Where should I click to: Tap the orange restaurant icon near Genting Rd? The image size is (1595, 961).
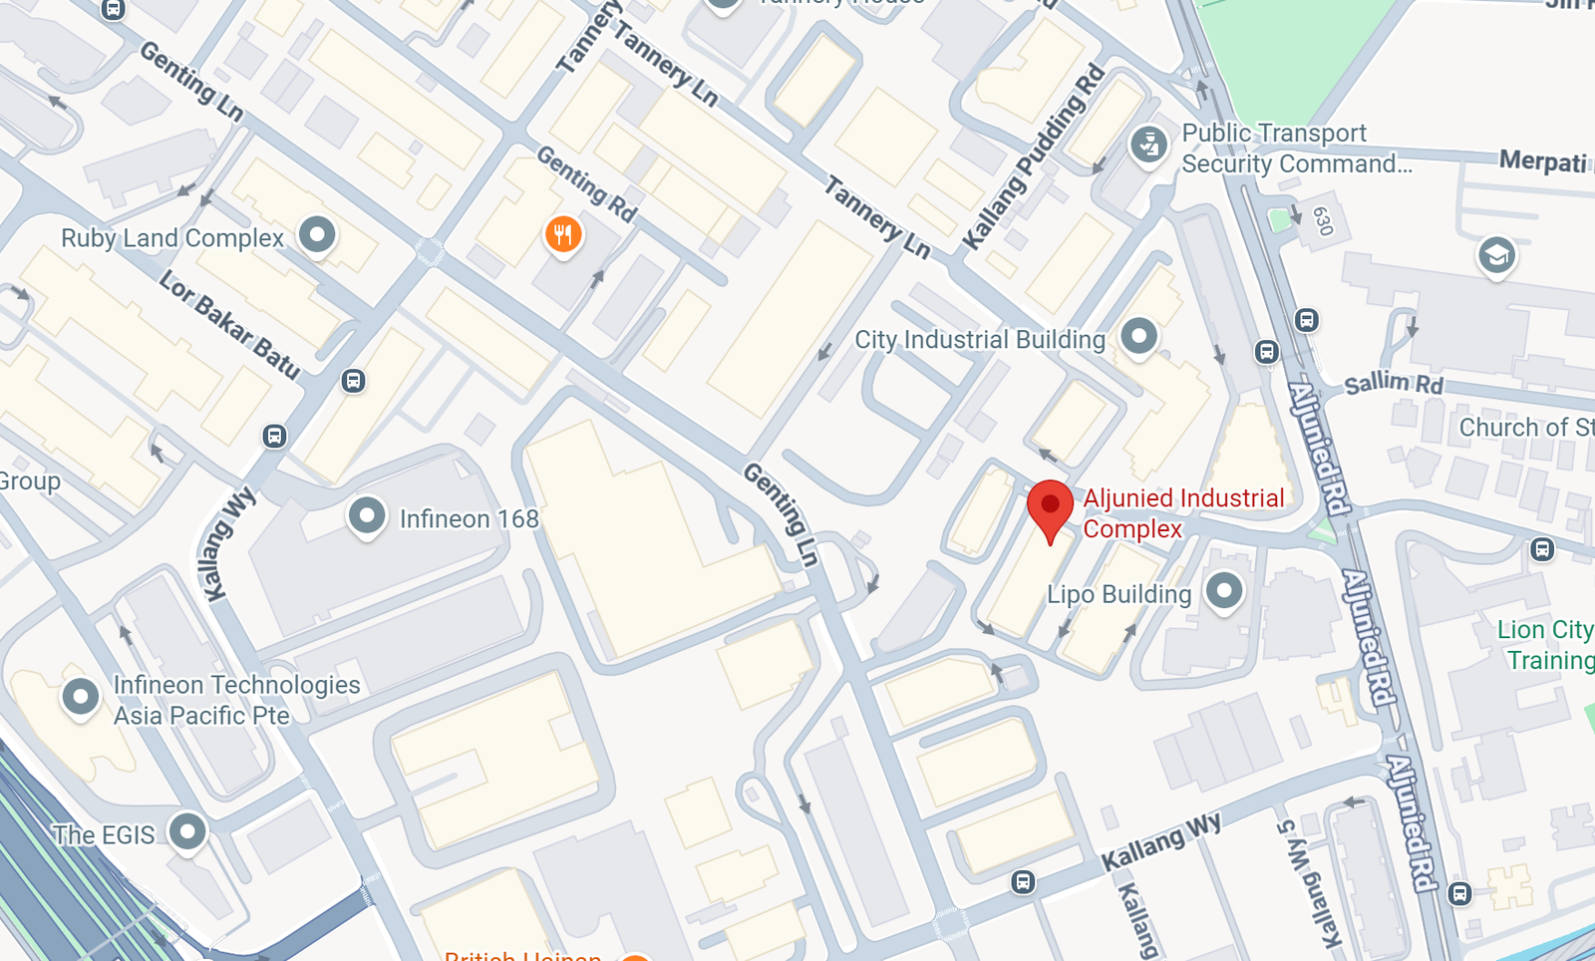tap(563, 235)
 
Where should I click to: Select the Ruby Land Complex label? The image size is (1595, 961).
tap(172, 238)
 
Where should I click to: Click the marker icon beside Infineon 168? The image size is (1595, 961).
tap(367, 515)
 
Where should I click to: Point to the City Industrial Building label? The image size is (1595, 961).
tap(980, 340)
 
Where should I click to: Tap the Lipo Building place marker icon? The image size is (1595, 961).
tap(1224, 590)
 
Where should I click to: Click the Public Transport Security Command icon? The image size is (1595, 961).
tap(1148, 145)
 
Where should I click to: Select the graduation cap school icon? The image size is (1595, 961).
tap(1496, 256)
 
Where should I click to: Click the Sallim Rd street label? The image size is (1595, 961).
tap(1393, 384)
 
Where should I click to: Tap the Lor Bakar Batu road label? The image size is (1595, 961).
tap(229, 325)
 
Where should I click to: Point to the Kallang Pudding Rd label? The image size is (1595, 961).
tap(1034, 158)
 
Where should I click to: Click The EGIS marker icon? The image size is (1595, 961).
tap(187, 830)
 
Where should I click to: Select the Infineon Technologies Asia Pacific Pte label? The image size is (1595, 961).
tap(236, 700)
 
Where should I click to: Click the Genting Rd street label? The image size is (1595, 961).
tap(586, 183)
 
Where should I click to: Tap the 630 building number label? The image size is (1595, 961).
tap(1323, 221)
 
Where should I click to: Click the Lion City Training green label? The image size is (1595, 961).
tap(1545, 645)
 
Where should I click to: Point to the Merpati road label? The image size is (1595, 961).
tap(1542, 161)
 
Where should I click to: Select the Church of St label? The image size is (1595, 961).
tap(1525, 428)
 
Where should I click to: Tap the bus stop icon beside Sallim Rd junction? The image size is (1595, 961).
tap(1307, 320)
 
